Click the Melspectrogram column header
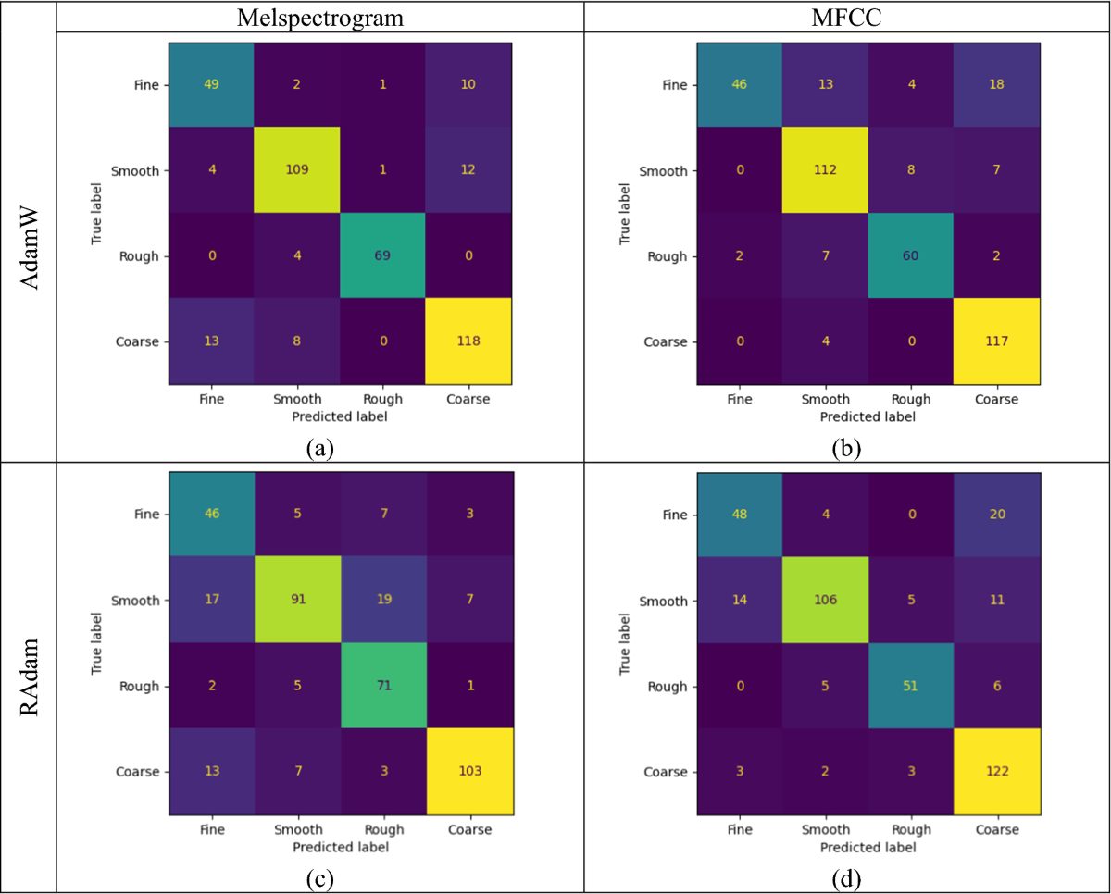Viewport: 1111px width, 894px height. click(319, 18)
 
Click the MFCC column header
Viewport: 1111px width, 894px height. click(846, 18)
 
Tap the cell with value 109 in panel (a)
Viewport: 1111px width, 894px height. click(297, 170)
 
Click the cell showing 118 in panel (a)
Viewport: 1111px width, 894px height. click(468, 341)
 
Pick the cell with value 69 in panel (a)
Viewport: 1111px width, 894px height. click(382, 255)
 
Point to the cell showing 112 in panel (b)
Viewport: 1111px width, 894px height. click(824, 170)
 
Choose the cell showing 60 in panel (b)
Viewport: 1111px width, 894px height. click(909, 255)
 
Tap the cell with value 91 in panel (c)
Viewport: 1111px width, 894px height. click(297, 601)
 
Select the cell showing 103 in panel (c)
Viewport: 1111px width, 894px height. click(468, 771)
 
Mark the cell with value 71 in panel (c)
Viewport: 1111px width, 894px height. click(382, 686)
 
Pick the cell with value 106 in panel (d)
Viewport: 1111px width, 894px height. click(824, 601)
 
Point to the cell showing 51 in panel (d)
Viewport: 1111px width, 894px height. click(909, 686)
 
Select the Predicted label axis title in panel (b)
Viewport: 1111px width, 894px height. click(867, 416)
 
